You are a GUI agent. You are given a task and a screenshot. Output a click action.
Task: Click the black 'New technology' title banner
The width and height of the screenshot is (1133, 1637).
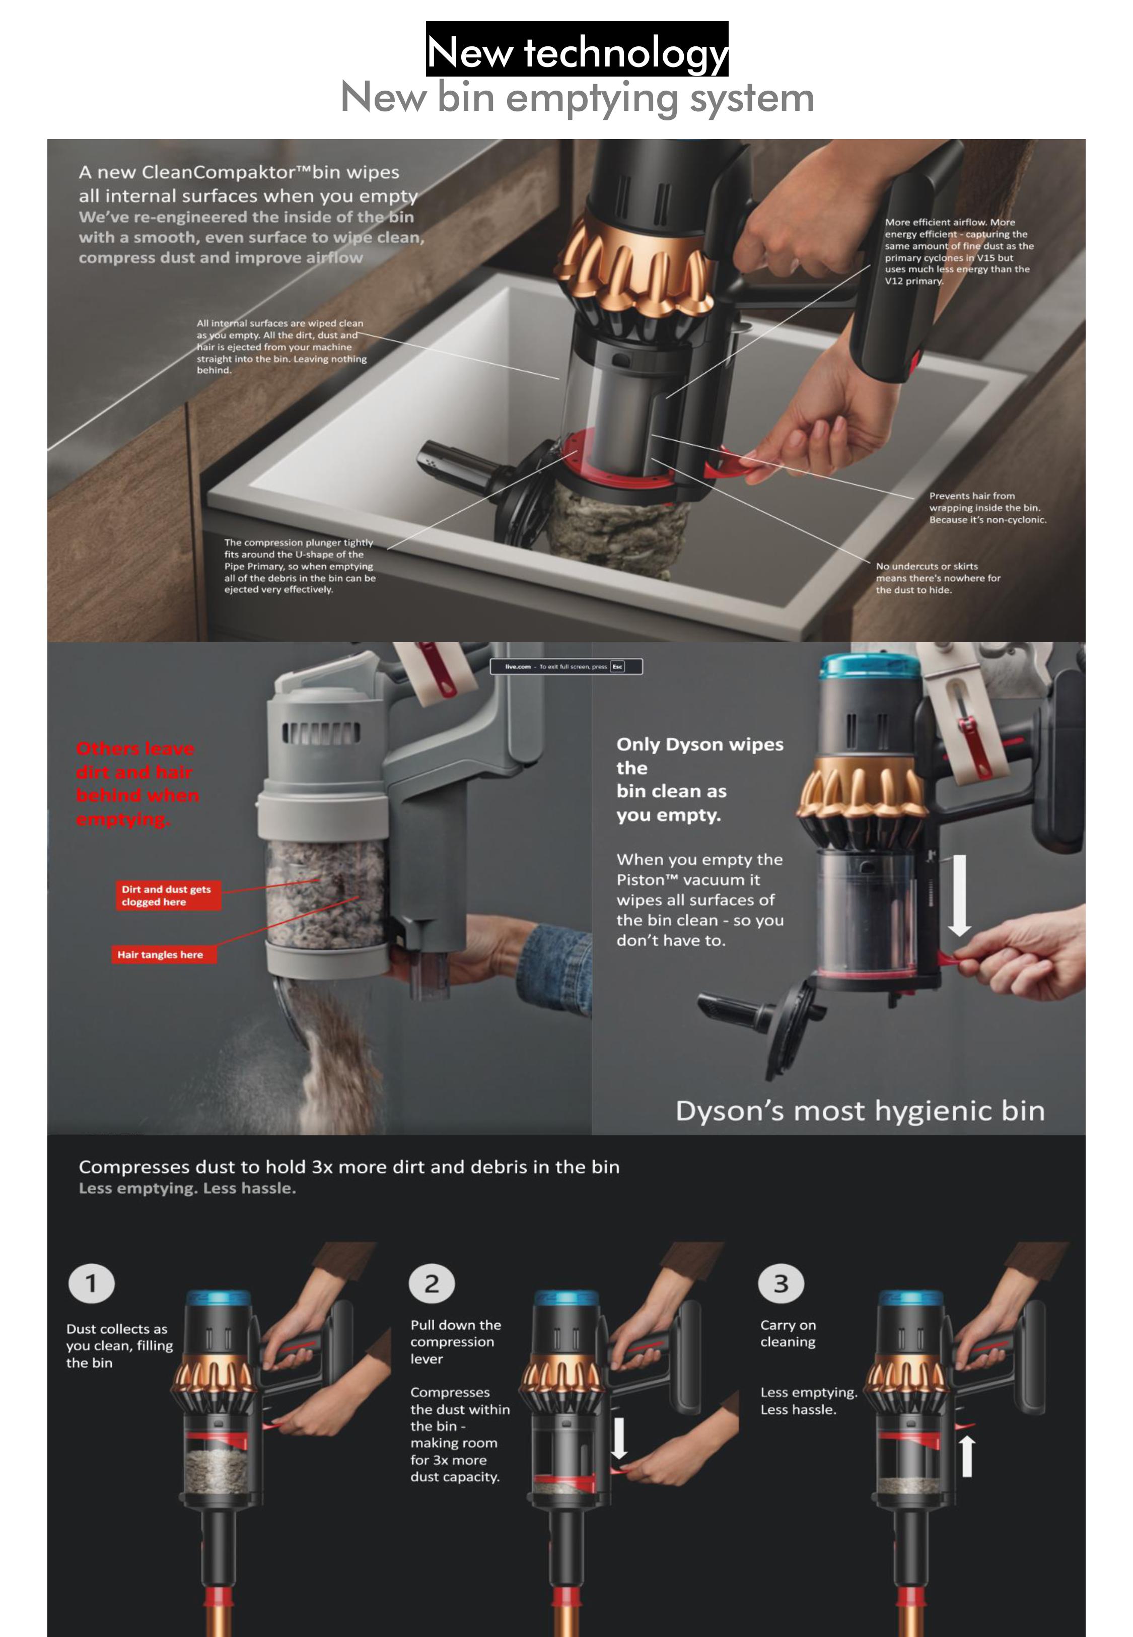coord(577,49)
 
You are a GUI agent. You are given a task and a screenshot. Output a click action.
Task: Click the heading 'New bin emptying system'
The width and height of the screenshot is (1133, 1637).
coord(577,97)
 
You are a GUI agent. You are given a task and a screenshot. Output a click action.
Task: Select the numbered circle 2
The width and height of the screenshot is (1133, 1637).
coord(432,1283)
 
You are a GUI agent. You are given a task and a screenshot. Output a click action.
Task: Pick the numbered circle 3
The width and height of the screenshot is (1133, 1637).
coord(781,1283)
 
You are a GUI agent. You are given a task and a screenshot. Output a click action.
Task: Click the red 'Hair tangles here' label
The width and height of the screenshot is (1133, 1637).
coord(161,955)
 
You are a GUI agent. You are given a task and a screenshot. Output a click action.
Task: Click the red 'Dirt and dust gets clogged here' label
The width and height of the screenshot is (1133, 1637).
coord(168,896)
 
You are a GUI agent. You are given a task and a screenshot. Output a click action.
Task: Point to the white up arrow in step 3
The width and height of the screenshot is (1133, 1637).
coord(967,1456)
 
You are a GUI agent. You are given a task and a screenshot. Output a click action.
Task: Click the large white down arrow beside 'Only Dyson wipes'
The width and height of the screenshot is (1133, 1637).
coord(960,896)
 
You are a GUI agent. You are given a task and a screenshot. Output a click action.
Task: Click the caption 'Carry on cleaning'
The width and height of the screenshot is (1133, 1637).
coord(788,1333)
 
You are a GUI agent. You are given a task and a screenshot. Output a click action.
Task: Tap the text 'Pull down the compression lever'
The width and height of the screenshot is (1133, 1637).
coord(456,1342)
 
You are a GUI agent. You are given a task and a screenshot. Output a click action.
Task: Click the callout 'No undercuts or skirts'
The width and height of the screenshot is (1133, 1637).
coord(927,566)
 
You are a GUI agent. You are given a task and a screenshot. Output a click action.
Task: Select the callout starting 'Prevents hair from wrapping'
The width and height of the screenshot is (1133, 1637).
coord(987,508)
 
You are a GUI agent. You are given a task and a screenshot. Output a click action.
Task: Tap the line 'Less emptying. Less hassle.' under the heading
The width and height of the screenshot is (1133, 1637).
coord(187,1188)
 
